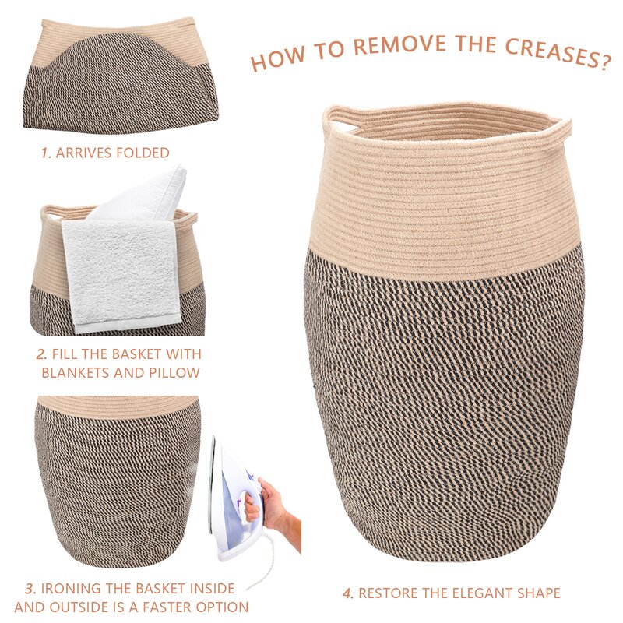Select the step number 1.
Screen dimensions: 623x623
(47, 153)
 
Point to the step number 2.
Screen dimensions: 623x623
(41, 354)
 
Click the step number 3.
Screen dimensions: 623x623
(31, 589)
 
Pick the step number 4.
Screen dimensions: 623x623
(347, 593)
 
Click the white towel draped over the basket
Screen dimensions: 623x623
(122, 276)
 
